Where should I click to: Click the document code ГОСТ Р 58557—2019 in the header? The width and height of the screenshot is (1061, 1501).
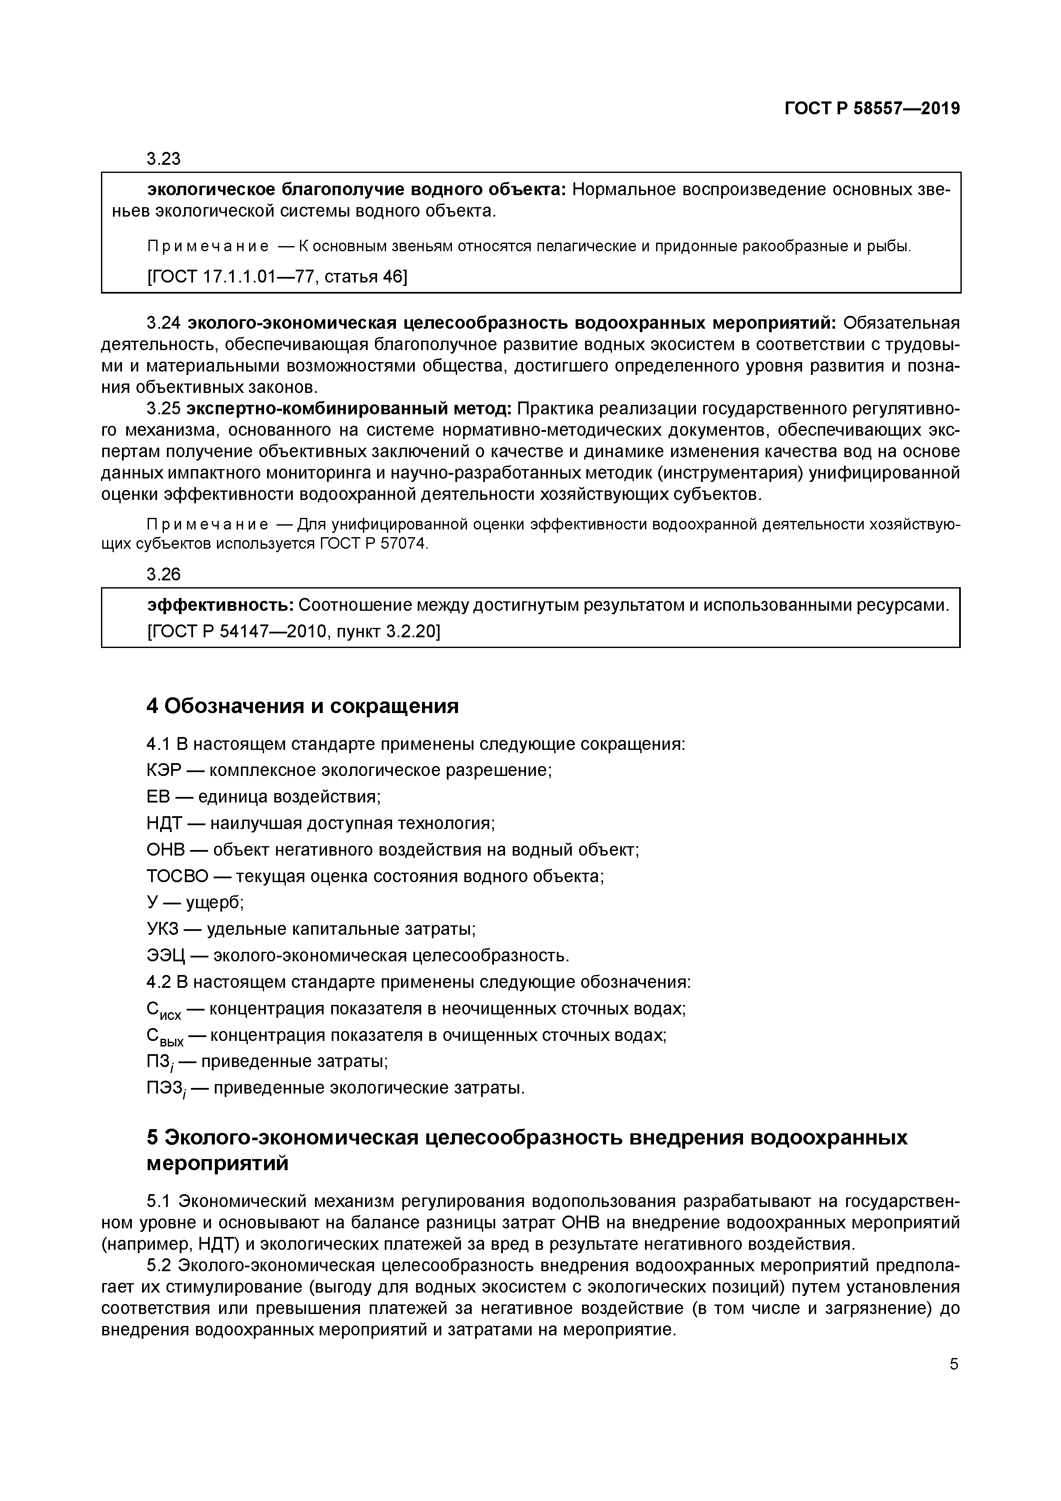872,109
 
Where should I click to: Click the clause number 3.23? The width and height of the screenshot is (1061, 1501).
163,159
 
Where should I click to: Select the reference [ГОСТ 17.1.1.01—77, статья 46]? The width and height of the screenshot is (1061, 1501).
277,276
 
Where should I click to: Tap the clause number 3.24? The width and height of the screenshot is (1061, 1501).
163,323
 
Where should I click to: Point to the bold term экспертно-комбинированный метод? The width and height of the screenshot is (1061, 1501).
350,409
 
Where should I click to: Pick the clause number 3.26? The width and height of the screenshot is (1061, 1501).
163,574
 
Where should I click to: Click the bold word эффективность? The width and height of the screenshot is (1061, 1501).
220,605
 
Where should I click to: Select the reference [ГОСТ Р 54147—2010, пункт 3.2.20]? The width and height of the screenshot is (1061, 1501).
294,631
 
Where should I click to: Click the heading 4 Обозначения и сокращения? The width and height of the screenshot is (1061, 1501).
303,706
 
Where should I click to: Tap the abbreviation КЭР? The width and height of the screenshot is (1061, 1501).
163,770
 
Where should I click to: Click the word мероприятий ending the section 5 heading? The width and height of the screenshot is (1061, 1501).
217,1164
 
